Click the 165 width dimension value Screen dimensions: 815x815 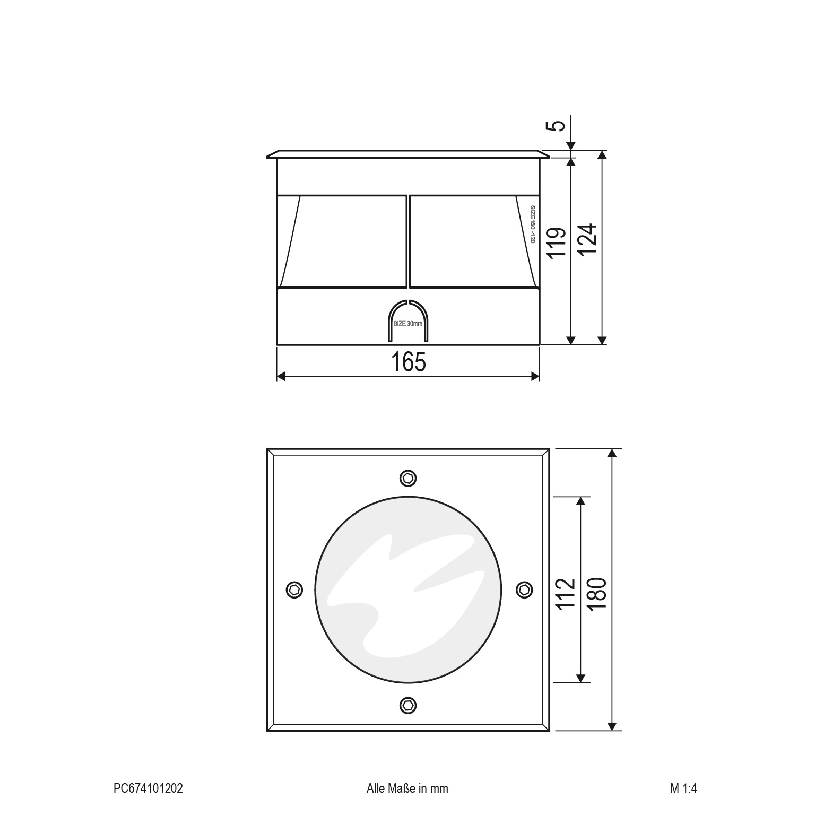409,362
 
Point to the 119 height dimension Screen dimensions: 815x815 556,243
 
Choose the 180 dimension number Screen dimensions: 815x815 597,594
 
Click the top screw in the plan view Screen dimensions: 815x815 407,478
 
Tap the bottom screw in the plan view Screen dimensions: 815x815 407,705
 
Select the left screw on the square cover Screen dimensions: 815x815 294,589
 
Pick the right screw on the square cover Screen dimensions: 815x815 524,589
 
